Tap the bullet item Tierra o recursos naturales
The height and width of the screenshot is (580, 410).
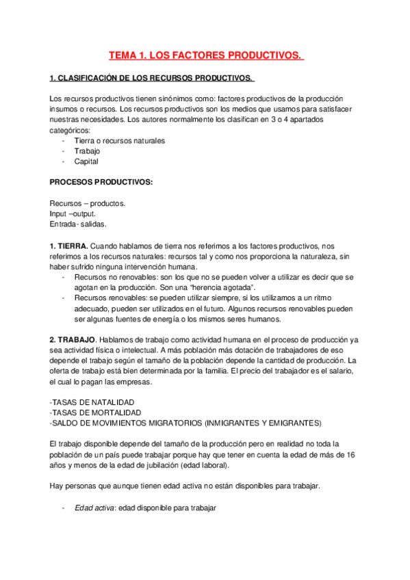pyautogui.click(x=119, y=140)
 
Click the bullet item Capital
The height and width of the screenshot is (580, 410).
pyautogui.click(x=86, y=162)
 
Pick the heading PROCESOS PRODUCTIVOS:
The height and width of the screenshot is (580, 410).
pyautogui.click(x=101, y=183)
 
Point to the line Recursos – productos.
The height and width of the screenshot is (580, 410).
pyautogui.click(x=87, y=203)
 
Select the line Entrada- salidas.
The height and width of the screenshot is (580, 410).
pyautogui.click(x=78, y=224)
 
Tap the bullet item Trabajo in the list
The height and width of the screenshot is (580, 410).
pyautogui.click(x=87, y=151)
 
